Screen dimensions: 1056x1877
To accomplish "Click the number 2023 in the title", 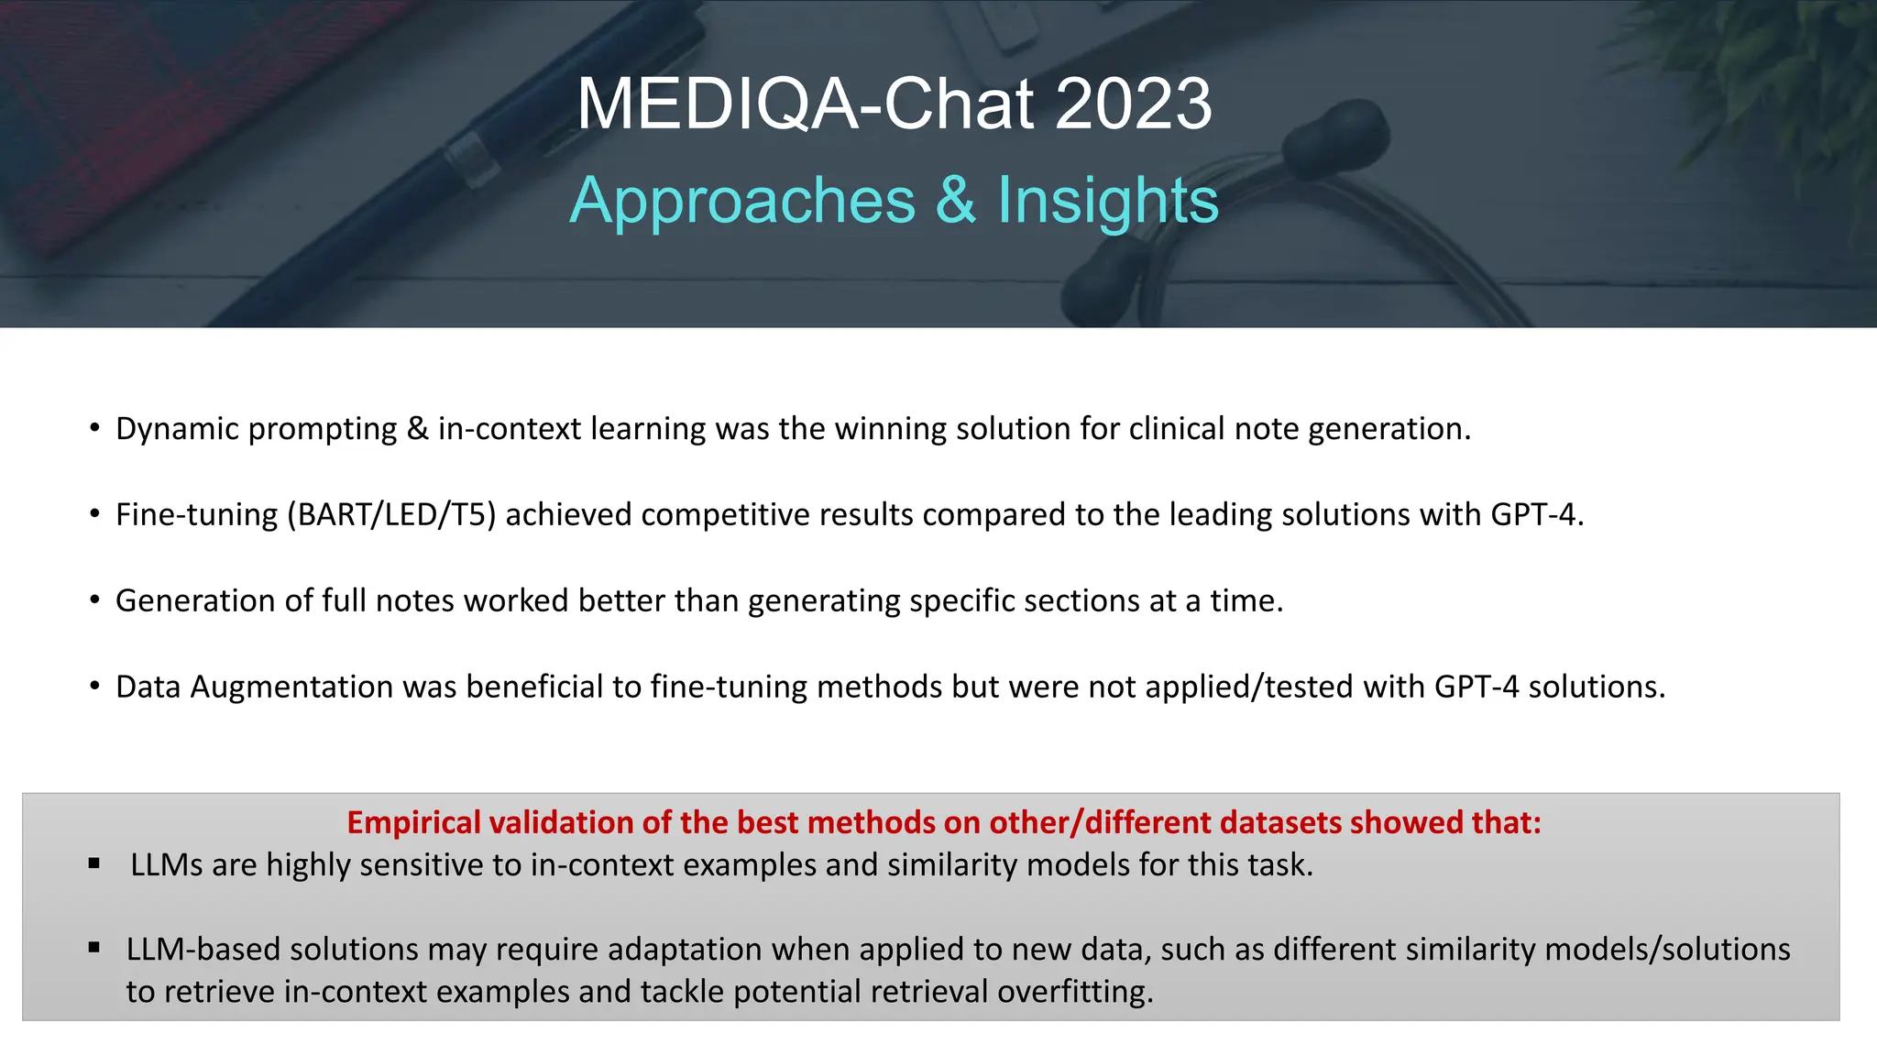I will coord(1134,104).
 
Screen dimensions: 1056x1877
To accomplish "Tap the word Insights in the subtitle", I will coord(1107,201).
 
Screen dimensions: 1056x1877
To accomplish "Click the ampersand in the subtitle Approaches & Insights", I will coord(956,201).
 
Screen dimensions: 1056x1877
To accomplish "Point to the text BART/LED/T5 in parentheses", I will coord(391,515).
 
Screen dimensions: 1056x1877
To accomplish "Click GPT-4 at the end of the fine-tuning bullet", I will coord(1533,515).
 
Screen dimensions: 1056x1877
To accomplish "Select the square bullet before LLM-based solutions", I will coord(93,948).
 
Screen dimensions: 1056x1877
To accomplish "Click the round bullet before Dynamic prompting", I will coord(94,429).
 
